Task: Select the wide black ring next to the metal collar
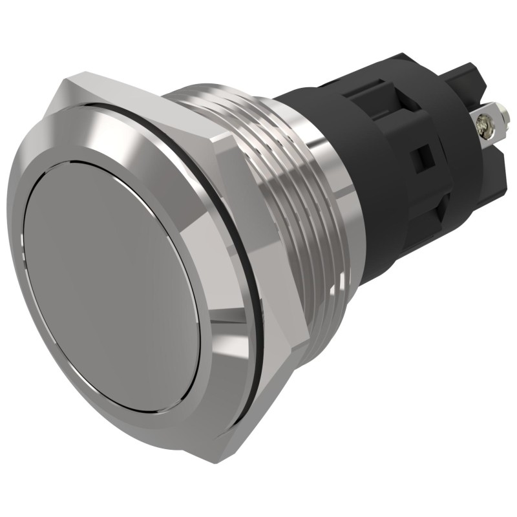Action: pos(381,174)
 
